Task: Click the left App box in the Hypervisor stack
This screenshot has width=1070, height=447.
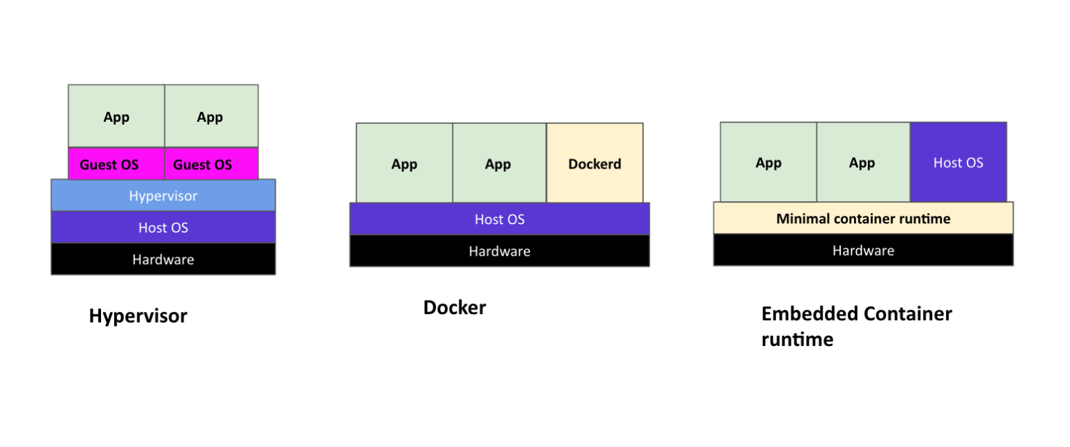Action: tap(116, 116)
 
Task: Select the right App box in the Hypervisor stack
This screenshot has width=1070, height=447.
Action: tap(210, 116)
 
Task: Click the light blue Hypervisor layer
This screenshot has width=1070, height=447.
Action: tap(163, 196)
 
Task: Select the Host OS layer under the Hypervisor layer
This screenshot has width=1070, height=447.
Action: tap(163, 228)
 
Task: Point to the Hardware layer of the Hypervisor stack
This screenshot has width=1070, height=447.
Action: tap(163, 259)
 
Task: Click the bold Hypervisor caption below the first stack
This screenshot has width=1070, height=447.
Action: tap(138, 316)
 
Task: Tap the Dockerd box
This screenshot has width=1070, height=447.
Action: tap(594, 164)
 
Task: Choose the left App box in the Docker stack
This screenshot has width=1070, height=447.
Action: tap(404, 164)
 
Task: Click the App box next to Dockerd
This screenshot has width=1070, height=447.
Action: tap(499, 164)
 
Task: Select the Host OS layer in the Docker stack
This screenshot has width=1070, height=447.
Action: tap(499, 219)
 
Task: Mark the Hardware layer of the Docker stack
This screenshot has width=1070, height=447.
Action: tap(499, 251)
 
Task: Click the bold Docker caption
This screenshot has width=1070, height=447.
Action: tap(454, 308)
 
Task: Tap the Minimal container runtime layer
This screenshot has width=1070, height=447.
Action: tap(863, 219)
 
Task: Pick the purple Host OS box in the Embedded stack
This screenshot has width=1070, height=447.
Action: tap(958, 162)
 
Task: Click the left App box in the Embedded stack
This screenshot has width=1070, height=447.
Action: tap(768, 162)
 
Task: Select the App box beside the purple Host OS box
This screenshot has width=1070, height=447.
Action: tap(862, 162)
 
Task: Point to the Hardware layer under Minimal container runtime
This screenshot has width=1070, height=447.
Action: tap(863, 250)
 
